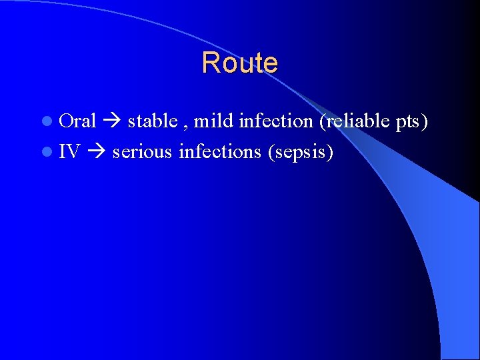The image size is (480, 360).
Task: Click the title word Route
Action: pos(239,63)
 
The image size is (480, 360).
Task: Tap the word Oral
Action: pos(78,121)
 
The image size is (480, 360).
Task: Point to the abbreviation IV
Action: pos(69,152)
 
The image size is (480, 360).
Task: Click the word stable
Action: pos(152,121)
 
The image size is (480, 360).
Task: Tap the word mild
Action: pos(213,121)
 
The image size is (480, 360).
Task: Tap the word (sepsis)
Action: pos(300,153)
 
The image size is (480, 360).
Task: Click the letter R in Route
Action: pos(209,63)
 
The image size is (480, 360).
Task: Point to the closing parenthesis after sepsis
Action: pos(330,153)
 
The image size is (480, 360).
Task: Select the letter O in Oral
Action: pos(65,121)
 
